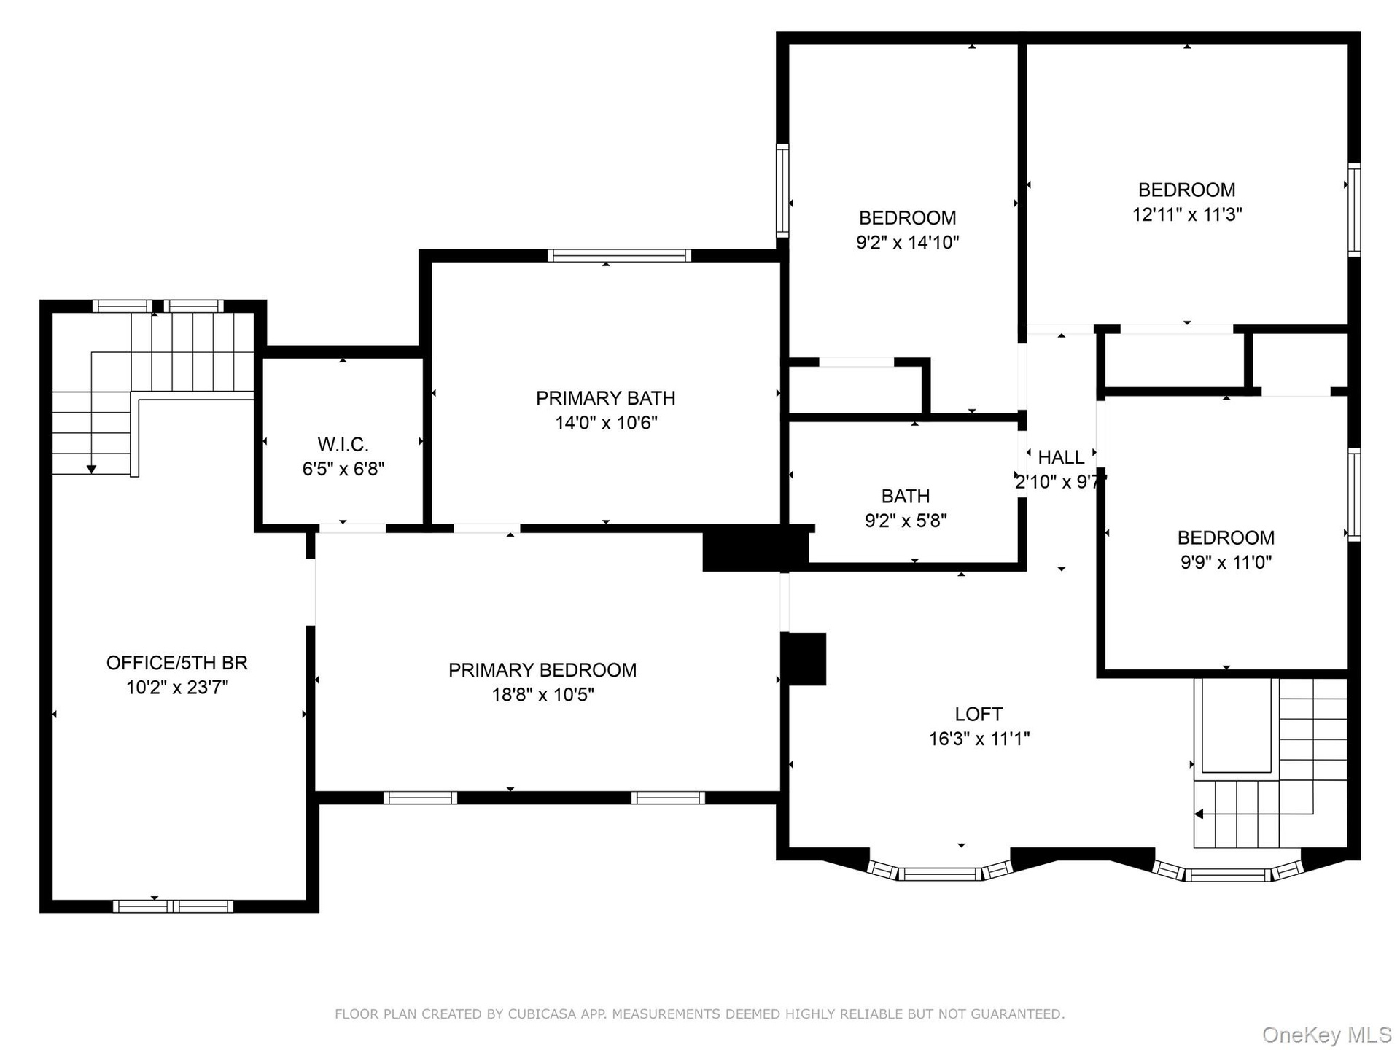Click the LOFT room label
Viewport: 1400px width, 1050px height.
coord(979,714)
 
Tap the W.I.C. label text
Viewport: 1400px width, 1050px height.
coord(343,444)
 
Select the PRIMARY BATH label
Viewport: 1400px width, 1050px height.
coord(605,398)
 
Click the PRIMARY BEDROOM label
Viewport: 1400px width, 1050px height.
coord(542,670)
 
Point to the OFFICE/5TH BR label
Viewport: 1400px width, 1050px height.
coord(177,663)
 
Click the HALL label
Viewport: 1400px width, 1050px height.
coord(1061,457)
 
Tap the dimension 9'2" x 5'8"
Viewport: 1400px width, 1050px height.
coord(906,521)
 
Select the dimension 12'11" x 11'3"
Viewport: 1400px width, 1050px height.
coord(1187,214)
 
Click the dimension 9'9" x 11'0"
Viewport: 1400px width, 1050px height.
coord(1226,562)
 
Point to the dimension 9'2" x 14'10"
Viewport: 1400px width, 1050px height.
coord(907,242)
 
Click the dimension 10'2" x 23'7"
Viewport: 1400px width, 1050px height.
coord(177,688)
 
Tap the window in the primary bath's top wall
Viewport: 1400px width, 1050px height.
coord(619,255)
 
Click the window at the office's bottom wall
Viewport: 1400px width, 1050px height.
coord(174,906)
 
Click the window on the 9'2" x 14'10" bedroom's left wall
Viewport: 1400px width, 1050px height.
coord(782,191)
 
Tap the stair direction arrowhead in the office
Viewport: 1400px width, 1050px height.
coord(91,470)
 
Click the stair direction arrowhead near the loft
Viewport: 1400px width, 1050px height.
coord(1198,814)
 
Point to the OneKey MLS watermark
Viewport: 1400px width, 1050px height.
coord(1327,1035)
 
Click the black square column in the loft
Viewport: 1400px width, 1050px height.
coord(804,659)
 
